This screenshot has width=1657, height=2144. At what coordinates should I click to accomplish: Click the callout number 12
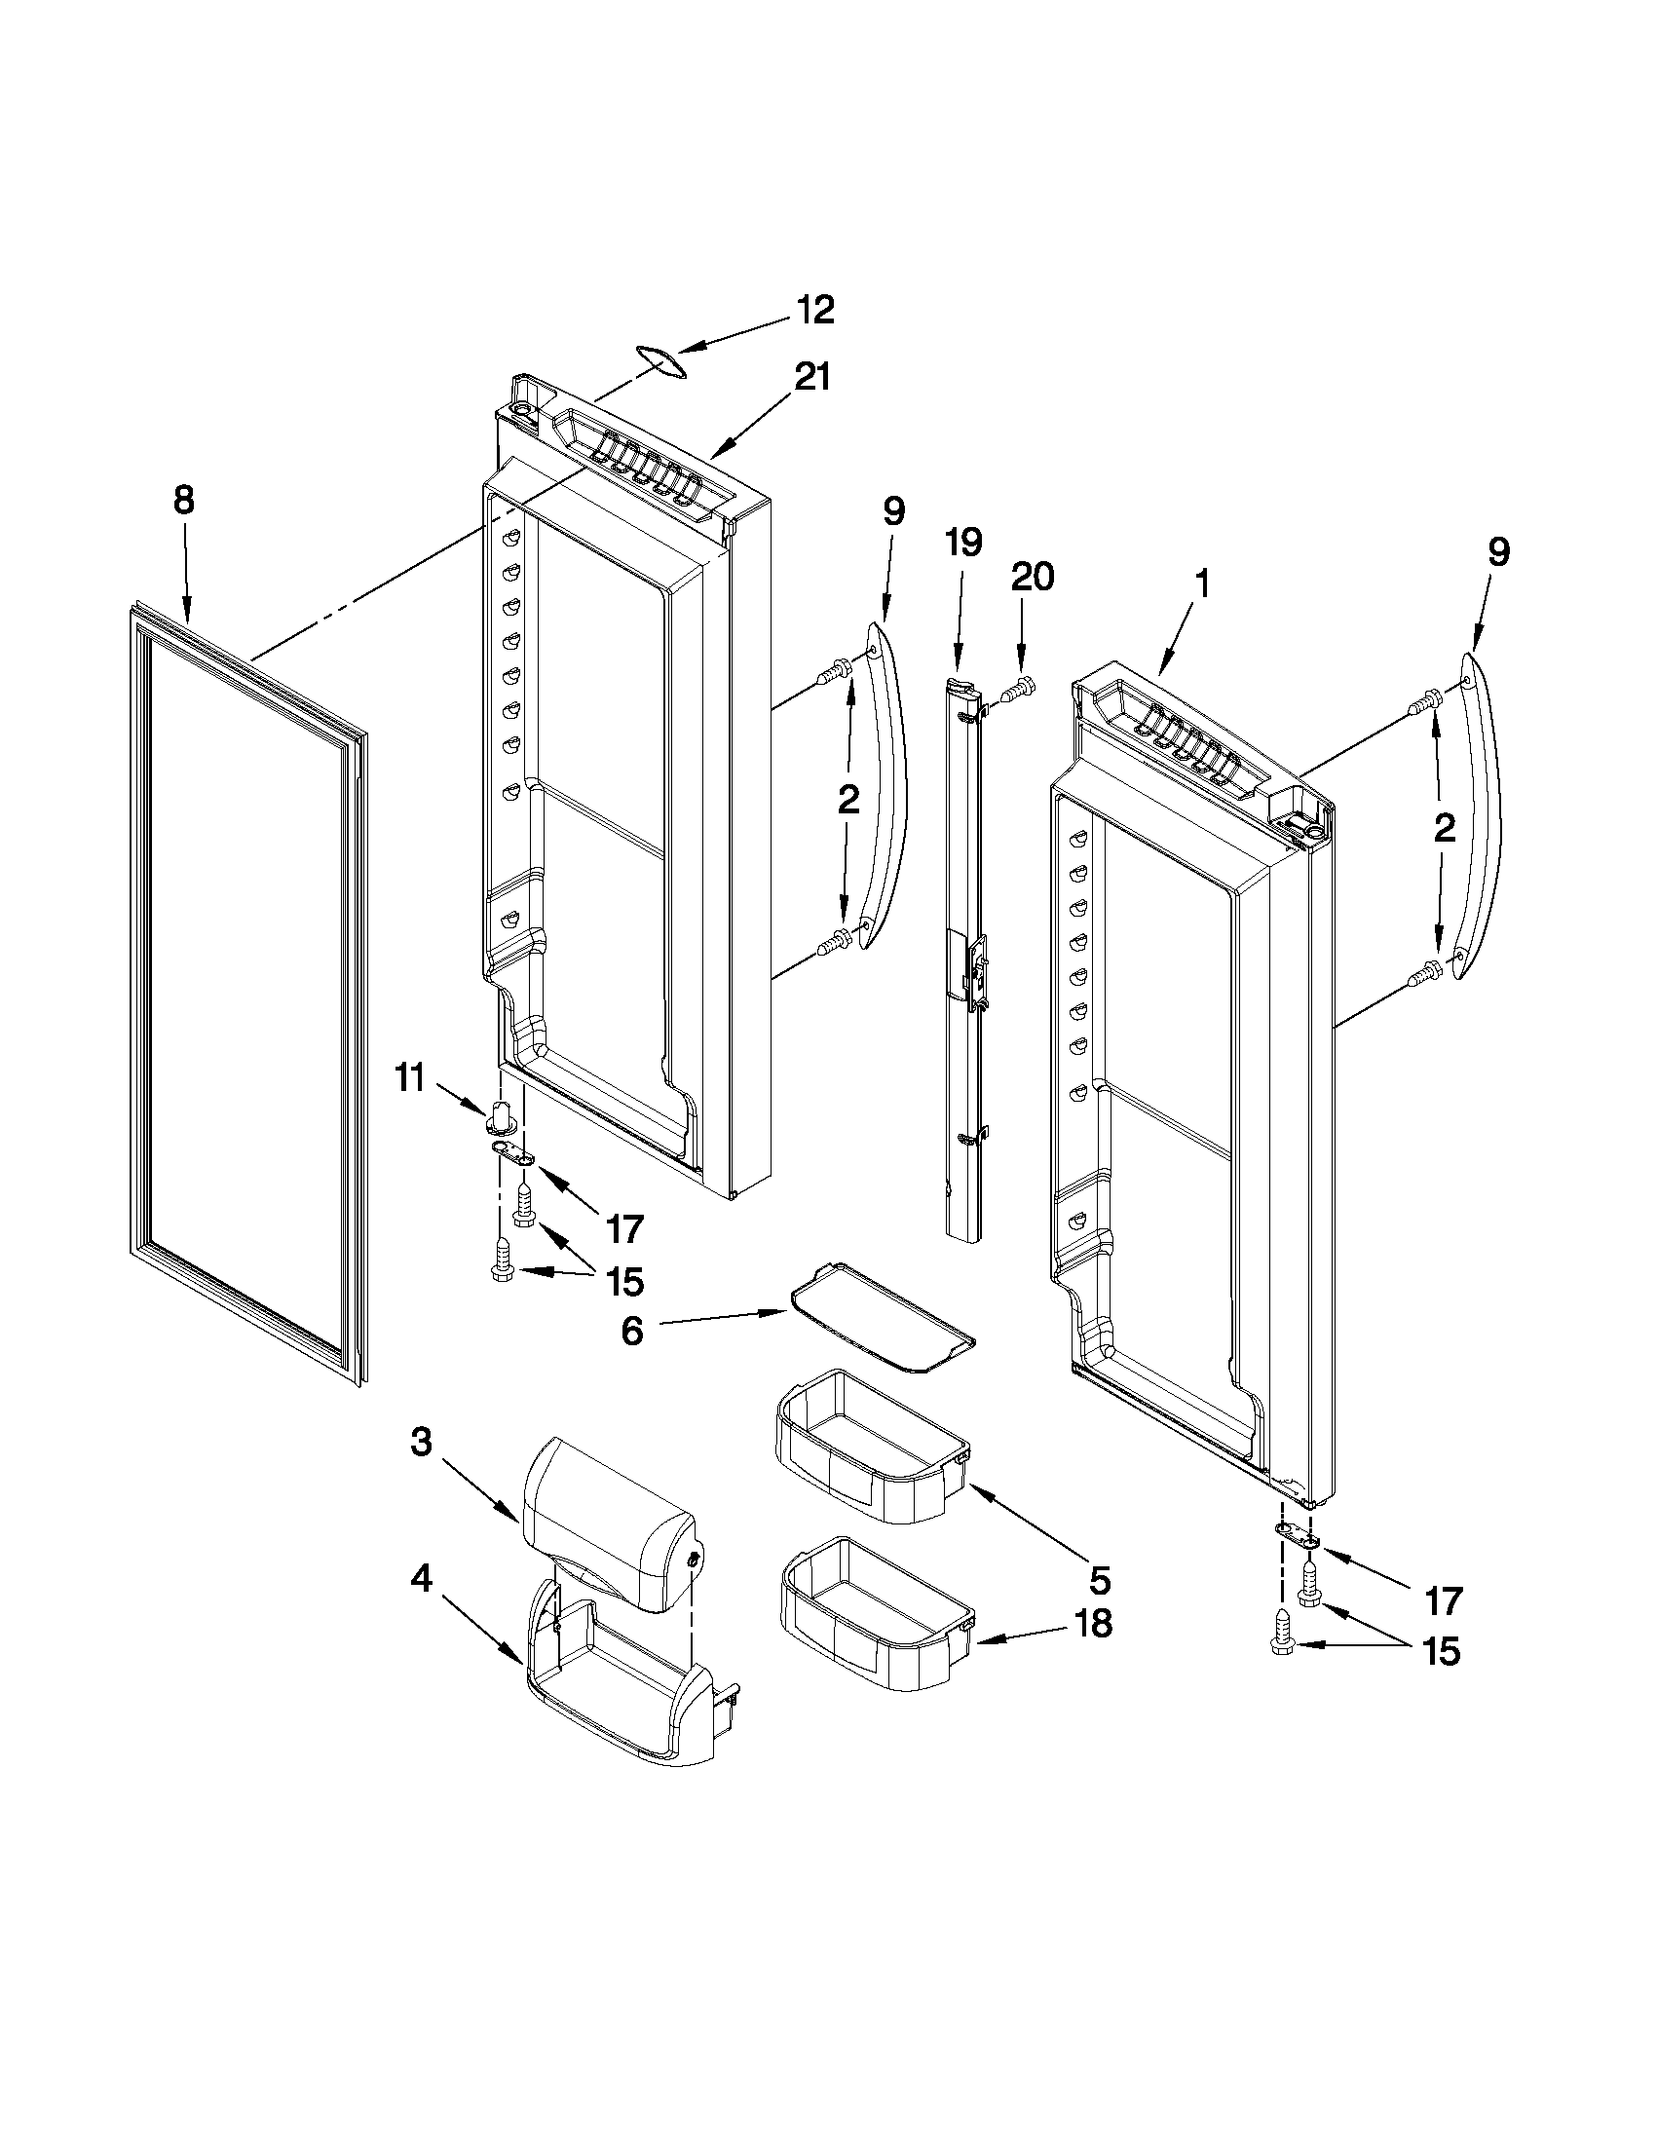click(x=813, y=310)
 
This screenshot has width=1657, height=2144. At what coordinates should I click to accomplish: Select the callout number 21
click(x=811, y=377)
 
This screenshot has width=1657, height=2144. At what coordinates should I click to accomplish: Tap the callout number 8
click(x=183, y=502)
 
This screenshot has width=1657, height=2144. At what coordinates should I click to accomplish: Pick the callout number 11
click(x=410, y=1079)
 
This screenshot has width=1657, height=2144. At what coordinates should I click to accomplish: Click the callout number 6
click(x=632, y=1333)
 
